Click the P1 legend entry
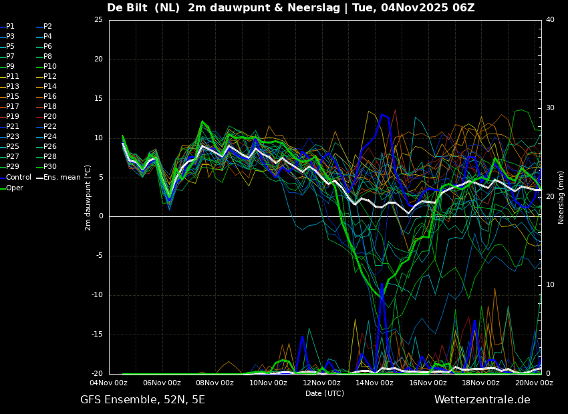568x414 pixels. [10, 27]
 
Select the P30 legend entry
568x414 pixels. [50, 167]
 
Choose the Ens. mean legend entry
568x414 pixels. [62, 178]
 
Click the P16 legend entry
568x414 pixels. [50, 97]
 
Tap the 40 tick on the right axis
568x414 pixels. [550, 20]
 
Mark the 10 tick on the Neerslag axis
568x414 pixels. [550, 285]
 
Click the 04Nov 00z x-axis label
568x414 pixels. [109, 383]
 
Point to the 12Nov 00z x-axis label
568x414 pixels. [321, 383]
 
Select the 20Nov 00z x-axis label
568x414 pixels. [534, 383]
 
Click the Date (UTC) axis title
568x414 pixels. [325, 393]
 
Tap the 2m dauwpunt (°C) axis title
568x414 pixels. [88, 197]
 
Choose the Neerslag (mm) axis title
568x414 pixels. [561, 197]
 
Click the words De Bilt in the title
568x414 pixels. [129, 8]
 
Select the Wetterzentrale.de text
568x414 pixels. [482, 400]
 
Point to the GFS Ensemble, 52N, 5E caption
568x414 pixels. [142, 400]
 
